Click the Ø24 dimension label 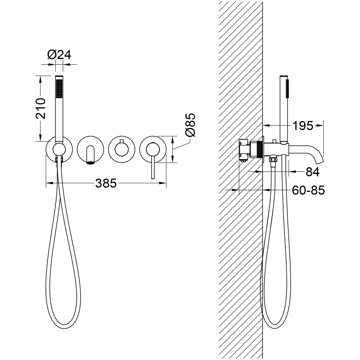coord(59,55)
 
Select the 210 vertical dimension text coord(41,108)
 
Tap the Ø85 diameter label coord(190,125)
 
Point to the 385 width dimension coord(106,183)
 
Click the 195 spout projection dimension coord(303,126)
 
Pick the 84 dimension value coord(313,172)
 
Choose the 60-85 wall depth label coord(308,190)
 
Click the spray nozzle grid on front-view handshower coord(59,88)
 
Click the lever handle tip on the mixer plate coord(153,178)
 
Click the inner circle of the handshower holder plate coord(59,149)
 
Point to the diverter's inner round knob coord(121,150)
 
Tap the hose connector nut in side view coord(273,160)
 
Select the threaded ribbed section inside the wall coord(259,150)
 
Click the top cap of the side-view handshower coord(284,76)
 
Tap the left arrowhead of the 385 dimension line coord(49,183)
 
